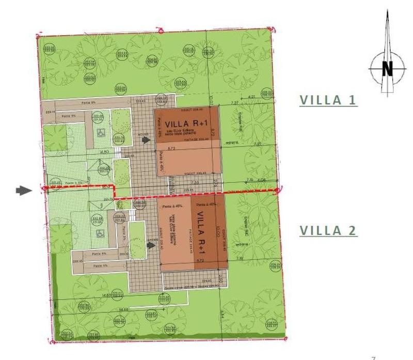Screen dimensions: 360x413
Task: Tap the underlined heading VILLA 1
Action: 328,100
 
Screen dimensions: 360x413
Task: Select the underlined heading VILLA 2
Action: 328,230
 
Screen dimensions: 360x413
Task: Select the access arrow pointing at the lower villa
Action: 150,245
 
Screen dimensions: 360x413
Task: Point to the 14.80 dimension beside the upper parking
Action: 103,152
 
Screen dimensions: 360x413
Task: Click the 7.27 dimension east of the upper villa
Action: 235,103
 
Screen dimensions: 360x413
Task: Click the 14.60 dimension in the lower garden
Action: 108,309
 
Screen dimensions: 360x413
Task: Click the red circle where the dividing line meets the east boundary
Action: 278,191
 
